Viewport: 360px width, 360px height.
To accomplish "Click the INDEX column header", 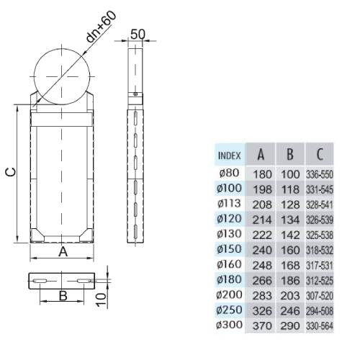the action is tap(229, 156).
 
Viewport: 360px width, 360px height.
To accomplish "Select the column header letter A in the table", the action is tap(261, 154).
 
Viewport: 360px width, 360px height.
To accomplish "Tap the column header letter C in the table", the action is tap(320, 154).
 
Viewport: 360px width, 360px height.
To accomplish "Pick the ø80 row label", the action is tap(229, 173).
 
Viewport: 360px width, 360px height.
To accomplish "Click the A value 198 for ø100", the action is tap(262, 189).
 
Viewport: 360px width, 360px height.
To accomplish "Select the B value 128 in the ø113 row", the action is tap(290, 204).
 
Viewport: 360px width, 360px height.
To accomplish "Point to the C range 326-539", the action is tap(320, 220).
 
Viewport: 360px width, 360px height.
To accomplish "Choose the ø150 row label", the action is tap(229, 249).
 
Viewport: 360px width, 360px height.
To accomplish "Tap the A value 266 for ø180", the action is tap(262, 281).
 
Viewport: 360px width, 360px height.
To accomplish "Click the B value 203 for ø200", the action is tap(290, 296).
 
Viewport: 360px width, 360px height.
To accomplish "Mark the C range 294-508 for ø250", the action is tap(320, 311).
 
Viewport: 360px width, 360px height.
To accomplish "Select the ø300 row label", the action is tap(229, 325).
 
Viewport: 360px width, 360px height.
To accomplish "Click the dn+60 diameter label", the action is tap(101, 27).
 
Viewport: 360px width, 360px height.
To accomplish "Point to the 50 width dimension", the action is tap(138, 34).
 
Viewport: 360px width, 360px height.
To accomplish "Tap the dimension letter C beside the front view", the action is tap(11, 172).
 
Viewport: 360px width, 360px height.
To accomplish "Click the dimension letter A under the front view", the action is tap(63, 251).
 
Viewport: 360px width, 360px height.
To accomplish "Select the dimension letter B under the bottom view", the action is tap(63, 296).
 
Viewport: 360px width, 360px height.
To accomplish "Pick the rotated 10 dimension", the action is tap(102, 300).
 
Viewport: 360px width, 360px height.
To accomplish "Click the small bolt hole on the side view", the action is tap(135, 94).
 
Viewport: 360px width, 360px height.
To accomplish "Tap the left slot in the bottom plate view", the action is tap(40, 281).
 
